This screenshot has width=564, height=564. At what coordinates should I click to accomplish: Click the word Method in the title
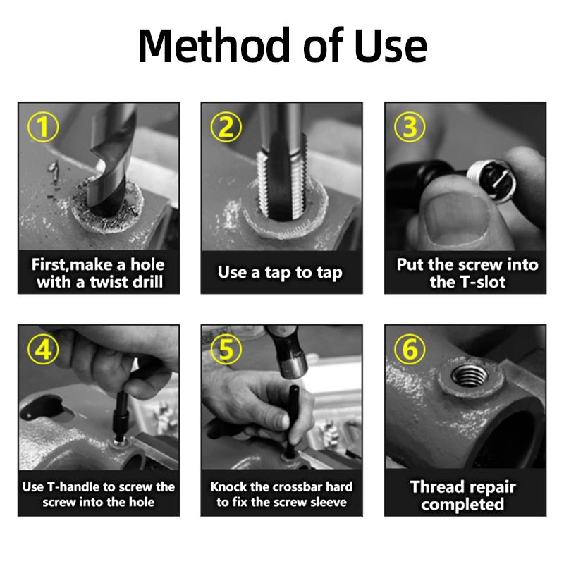coord(214,45)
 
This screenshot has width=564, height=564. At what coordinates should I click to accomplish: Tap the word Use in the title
coord(391,45)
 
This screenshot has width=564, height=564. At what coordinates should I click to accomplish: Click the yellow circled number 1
coord(43,127)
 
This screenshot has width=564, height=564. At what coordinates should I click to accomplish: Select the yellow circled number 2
coord(226,127)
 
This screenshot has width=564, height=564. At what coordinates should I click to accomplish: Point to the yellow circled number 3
coord(410,127)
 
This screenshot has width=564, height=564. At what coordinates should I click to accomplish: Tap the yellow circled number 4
coord(43,349)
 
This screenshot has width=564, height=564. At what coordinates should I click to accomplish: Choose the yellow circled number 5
coord(226,349)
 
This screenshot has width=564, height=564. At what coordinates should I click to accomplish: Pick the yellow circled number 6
coord(410,349)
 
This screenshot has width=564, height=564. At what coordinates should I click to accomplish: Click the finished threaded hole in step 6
coord(470,375)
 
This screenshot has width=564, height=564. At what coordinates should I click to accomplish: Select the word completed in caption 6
coord(462,504)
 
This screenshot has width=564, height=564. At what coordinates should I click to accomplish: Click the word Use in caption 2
coord(232,272)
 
